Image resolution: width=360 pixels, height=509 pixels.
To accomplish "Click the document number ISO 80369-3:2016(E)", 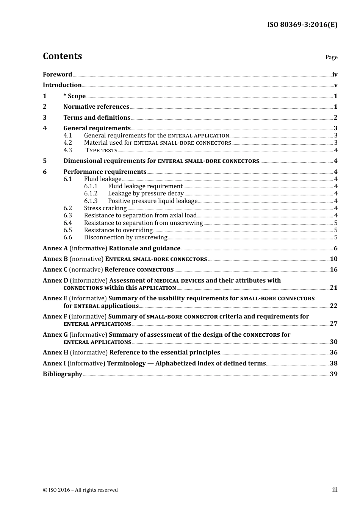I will [x=302, y=25].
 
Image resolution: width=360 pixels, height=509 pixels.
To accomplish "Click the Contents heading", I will [x=62, y=56].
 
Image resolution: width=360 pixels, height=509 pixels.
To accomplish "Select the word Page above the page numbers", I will [x=331, y=57].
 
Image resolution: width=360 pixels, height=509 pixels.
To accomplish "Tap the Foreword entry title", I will [x=57, y=75].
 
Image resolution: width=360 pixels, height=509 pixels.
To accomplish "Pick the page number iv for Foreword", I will [x=335, y=75].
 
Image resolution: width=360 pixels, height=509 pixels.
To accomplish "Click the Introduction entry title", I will [x=62, y=85].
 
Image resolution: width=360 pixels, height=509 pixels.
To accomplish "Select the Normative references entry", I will [x=96, y=107].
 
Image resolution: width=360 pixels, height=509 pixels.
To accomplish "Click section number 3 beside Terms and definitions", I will [x=45, y=118].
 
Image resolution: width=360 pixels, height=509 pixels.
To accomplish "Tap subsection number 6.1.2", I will [x=91, y=194].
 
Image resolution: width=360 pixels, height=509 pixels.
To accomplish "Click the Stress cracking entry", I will [x=105, y=208].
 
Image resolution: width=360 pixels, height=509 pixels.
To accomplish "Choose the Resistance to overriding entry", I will [x=118, y=230].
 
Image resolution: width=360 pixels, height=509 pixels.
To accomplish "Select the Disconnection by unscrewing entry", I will [x=125, y=237].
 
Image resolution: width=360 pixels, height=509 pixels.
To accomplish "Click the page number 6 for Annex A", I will [x=335, y=248].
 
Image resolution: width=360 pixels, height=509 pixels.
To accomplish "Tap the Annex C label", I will [x=55, y=270].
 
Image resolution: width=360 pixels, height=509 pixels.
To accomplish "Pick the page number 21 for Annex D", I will [x=333, y=288].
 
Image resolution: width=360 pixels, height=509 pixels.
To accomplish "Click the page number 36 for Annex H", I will [x=333, y=353].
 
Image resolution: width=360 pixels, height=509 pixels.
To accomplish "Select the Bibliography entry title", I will [x=63, y=374].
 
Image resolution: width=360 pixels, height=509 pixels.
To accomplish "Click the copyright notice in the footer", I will [x=80, y=490].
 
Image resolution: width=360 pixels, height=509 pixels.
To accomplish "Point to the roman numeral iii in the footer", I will [x=335, y=490].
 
